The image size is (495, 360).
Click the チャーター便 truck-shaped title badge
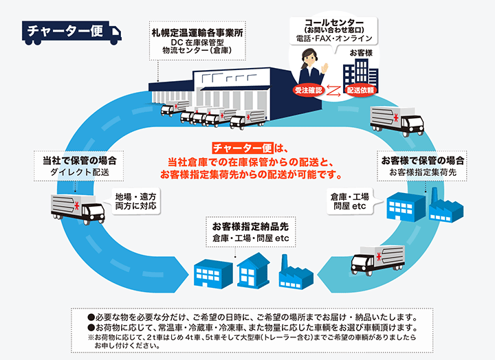[x=71, y=32]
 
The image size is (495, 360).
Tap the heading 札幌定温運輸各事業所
[x=197, y=33]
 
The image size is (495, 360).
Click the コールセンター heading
[x=334, y=23]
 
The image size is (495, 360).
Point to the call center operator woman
[x=313, y=69]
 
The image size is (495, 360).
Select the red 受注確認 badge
[x=309, y=91]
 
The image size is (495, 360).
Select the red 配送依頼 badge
[x=360, y=91]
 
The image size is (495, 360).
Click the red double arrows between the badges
[x=334, y=91]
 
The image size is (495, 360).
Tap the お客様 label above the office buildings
[x=361, y=53]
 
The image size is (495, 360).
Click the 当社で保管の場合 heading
[x=80, y=161]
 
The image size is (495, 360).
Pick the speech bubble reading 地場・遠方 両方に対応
[x=135, y=201]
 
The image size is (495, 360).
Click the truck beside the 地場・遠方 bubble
[x=78, y=209]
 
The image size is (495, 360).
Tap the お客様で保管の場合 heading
[x=423, y=161]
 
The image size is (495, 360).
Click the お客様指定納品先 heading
[x=250, y=227]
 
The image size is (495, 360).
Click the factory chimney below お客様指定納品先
[x=284, y=263]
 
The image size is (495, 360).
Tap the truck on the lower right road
[x=378, y=260]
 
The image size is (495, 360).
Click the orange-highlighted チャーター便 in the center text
[x=243, y=148]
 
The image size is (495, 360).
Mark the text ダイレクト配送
[x=80, y=172]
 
